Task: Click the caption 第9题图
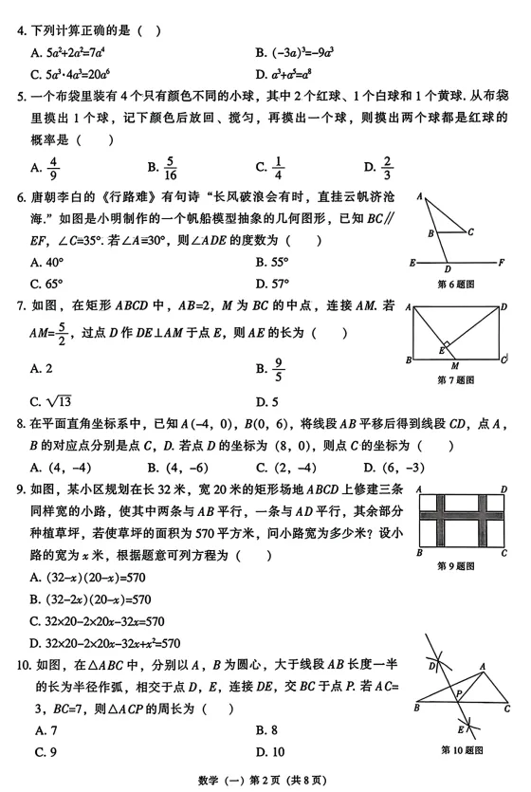click(x=459, y=565)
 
